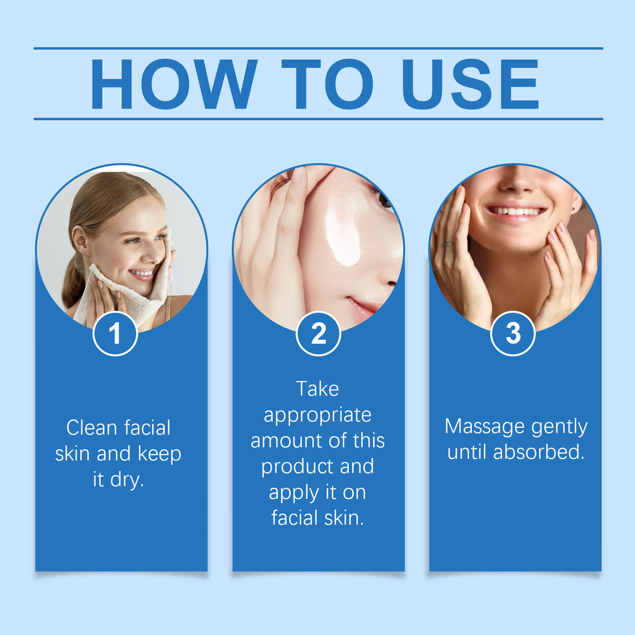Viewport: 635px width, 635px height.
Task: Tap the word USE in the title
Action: click(470, 84)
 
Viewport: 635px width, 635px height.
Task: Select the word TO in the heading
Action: click(327, 84)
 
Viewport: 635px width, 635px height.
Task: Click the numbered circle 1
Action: click(115, 333)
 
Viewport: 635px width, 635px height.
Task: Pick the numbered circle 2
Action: click(318, 333)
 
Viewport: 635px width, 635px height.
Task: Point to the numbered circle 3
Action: click(513, 333)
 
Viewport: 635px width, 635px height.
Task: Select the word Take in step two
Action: click(317, 389)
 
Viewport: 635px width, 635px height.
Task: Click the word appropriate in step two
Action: click(318, 415)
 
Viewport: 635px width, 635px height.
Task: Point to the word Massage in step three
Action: click(482, 427)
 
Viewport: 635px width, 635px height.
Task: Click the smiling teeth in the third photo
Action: click(516, 211)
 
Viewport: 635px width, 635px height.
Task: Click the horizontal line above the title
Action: click(318, 48)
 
